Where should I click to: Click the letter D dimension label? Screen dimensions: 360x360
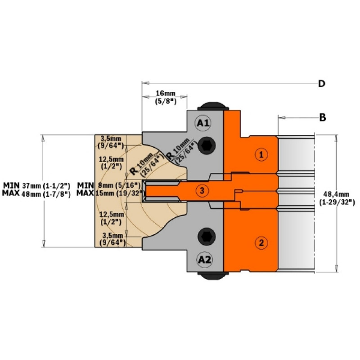point(322,84)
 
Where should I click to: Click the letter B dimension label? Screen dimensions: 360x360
point(323,117)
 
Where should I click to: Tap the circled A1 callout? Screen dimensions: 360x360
point(203,123)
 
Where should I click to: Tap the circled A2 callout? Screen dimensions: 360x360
point(205,260)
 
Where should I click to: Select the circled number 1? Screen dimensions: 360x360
point(261,154)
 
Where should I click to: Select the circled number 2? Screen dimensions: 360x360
point(261,243)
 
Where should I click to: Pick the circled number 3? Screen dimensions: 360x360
point(202,190)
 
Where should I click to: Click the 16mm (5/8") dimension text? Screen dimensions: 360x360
point(165,98)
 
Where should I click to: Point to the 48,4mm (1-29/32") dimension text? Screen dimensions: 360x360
point(337,198)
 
